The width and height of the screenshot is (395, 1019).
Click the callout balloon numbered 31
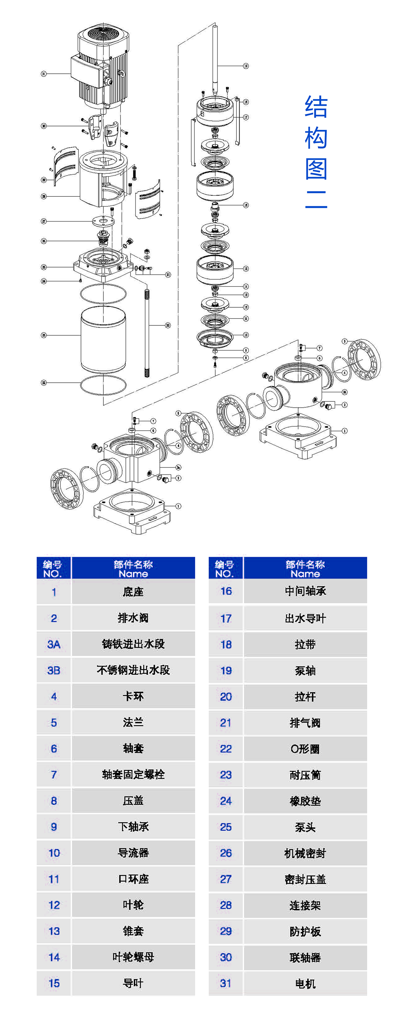pos(43,74)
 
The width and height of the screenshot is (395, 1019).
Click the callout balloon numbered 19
pos(246,66)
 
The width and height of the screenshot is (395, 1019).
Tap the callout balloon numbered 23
pos(43,335)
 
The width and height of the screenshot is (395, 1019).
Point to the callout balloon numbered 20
pos(168,325)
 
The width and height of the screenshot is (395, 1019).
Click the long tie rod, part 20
pos(147,332)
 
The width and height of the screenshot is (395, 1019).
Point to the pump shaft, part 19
pos(215,59)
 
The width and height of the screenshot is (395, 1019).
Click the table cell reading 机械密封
pos(305,853)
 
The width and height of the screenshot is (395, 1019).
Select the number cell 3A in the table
pos(54,644)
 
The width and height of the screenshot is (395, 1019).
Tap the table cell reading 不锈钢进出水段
pos(133,670)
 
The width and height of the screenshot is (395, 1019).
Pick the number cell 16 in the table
pos(225,591)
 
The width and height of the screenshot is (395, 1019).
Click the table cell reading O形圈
pos(305,749)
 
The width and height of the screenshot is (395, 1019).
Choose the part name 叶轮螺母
pos(133,957)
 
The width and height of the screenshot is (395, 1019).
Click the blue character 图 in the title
pos(316,169)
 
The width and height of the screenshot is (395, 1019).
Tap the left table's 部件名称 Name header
pos(133,569)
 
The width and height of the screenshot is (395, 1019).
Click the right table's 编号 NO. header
pos(224,569)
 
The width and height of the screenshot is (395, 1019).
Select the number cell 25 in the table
pos(225,827)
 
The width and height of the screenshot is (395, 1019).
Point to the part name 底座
pos(133,592)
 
